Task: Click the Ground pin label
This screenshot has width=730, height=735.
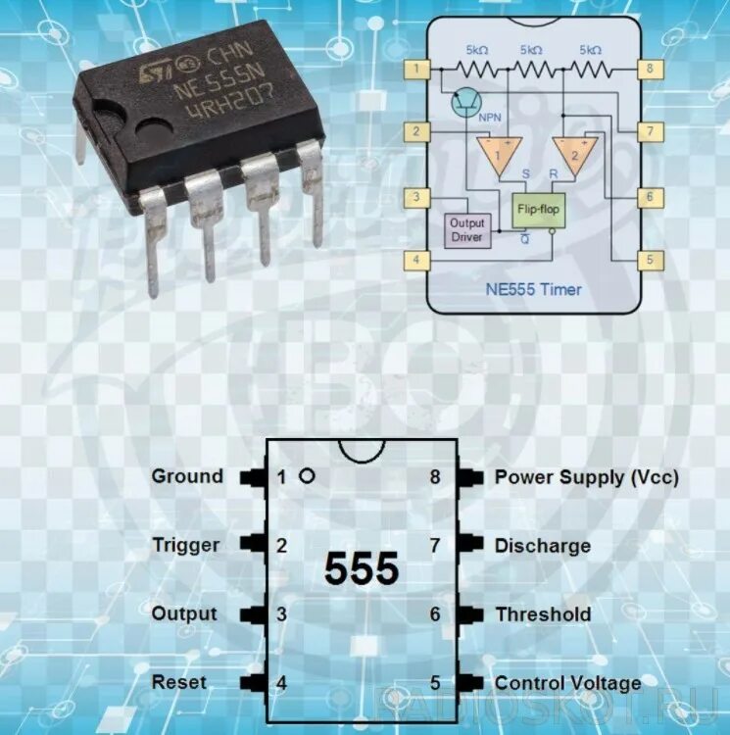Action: pyautogui.click(x=187, y=477)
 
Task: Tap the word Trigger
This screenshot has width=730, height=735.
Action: pyautogui.click(x=186, y=545)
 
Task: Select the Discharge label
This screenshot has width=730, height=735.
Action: pyautogui.click(x=542, y=546)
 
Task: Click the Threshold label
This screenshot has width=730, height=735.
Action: pyautogui.click(x=542, y=614)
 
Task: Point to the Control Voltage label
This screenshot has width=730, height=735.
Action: pyautogui.click(x=567, y=683)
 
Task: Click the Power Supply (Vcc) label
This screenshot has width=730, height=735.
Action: pyautogui.click(x=586, y=477)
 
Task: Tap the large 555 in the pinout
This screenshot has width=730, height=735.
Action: pyautogui.click(x=362, y=569)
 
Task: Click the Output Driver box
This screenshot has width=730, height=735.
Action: pyautogui.click(x=466, y=230)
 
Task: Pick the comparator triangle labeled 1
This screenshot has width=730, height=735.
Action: pyautogui.click(x=498, y=155)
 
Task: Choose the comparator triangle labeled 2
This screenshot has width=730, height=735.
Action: pyautogui.click(x=575, y=155)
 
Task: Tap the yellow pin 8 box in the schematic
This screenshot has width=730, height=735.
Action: pyautogui.click(x=648, y=69)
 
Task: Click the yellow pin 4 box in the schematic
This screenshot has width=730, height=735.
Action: pyautogui.click(x=417, y=260)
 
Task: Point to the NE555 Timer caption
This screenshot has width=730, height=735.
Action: pyautogui.click(x=533, y=289)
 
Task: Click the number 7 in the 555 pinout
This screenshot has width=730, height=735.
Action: pyautogui.click(x=434, y=546)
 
